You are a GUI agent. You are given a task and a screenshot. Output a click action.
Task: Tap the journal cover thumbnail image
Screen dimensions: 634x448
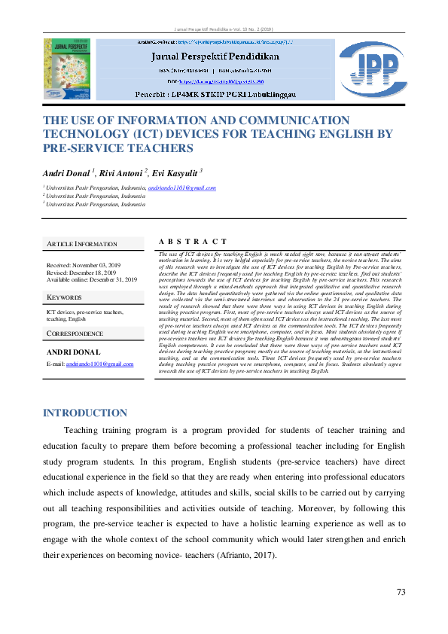[x=67, y=69]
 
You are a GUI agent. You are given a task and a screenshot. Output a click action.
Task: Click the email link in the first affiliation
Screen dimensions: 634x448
[x=182, y=188]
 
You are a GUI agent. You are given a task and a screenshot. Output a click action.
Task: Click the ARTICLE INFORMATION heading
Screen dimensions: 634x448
[x=82, y=244]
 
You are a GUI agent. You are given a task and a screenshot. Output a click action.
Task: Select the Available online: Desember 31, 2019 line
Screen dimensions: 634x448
[x=92, y=279]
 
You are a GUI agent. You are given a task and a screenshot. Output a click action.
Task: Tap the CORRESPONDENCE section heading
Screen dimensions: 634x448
[x=75, y=333]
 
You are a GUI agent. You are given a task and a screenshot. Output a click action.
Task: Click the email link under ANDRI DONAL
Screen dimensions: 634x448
[x=100, y=364]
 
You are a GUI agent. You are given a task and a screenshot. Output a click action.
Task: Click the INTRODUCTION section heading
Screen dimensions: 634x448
[x=85, y=413]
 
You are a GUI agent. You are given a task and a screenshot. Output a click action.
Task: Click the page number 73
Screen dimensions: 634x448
[x=401, y=592]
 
